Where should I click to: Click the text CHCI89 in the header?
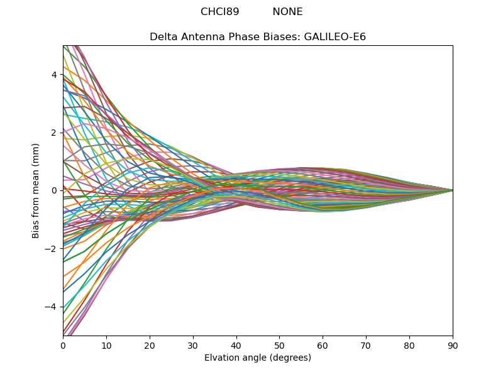click(x=219, y=12)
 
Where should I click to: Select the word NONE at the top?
click(x=287, y=12)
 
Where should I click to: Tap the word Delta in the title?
click(x=163, y=37)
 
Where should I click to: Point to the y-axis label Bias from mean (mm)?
click(x=36, y=190)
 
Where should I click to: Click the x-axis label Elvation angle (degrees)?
click(x=258, y=358)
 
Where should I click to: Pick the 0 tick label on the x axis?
click(x=63, y=345)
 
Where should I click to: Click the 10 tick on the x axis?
click(x=106, y=345)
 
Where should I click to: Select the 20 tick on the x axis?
click(x=150, y=345)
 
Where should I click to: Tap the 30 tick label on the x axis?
click(x=193, y=345)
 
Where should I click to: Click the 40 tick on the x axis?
click(x=236, y=345)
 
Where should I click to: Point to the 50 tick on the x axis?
click(x=279, y=345)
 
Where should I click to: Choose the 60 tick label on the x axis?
click(x=323, y=345)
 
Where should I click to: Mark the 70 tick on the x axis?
click(x=366, y=345)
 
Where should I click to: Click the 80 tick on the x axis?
click(x=409, y=345)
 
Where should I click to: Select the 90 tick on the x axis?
click(x=453, y=345)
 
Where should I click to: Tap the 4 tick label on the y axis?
click(x=54, y=75)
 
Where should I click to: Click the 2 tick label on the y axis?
click(x=54, y=133)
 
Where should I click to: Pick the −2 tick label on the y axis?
click(x=52, y=249)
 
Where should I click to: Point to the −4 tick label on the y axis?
click(x=52, y=307)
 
